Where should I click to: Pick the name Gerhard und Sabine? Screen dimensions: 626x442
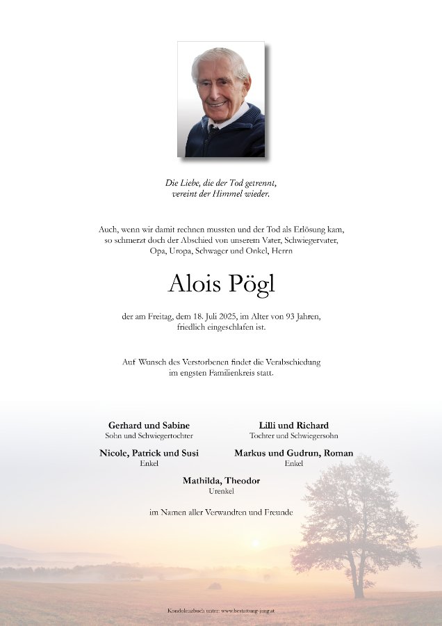point(149,425)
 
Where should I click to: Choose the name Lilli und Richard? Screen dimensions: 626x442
point(293,425)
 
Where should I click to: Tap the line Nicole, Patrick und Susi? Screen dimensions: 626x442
point(149,453)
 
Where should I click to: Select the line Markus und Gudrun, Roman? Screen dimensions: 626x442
point(293,453)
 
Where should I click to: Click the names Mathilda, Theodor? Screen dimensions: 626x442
point(221,481)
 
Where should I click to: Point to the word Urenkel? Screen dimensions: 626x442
point(221,491)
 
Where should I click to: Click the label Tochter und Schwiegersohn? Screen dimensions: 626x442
point(293,435)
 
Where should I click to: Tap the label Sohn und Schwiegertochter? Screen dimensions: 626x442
point(149,435)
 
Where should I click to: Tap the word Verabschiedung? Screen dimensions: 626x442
point(289,362)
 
